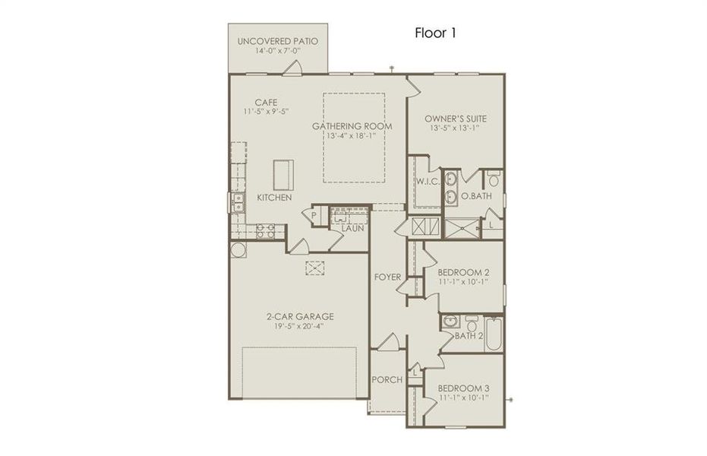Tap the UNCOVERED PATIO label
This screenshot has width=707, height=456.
pyautogui.click(x=277, y=41)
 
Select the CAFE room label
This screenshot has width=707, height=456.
pyautogui.click(x=265, y=103)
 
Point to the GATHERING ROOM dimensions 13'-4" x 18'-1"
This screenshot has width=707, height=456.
pyautogui.click(x=350, y=135)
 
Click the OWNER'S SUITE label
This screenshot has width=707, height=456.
pyautogui.click(x=456, y=119)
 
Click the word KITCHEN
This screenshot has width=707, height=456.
pyautogui.click(x=274, y=198)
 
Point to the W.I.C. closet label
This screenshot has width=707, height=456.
pyautogui.click(x=426, y=182)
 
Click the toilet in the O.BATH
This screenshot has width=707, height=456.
pyautogui.click(x=494, y=180)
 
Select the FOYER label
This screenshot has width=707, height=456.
pyautogui.click(x=387, y=277)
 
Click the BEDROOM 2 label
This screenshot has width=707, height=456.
pyautogui.click(x=463, y=272)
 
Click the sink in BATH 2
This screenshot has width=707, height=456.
pyautogui.click(x=450, y=320)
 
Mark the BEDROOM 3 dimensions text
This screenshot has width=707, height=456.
pyautogui.click(x=463, y=397)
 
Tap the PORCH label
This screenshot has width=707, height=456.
pyautogui.click(x=387, y=380)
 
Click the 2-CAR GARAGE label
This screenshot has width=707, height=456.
pyautogui.click(x=300, y=317)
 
